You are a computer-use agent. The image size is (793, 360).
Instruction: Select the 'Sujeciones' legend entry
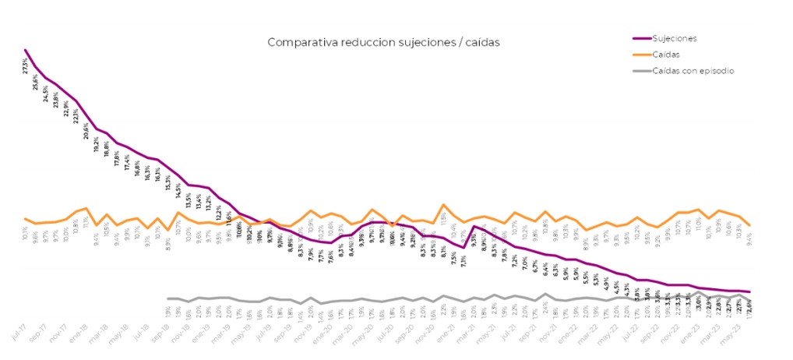click(675, 37)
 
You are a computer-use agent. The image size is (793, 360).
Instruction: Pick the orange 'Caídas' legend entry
click(666, 55)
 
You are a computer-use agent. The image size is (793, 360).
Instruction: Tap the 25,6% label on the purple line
click(36, 81)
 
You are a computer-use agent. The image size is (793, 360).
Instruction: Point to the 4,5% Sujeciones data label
click(617, 286)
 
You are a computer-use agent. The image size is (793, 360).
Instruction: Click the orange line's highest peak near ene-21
click(443, 205)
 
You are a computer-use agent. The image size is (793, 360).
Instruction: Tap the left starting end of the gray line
click(168, 298)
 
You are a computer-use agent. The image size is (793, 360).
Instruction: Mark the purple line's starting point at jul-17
click(26, 50)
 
